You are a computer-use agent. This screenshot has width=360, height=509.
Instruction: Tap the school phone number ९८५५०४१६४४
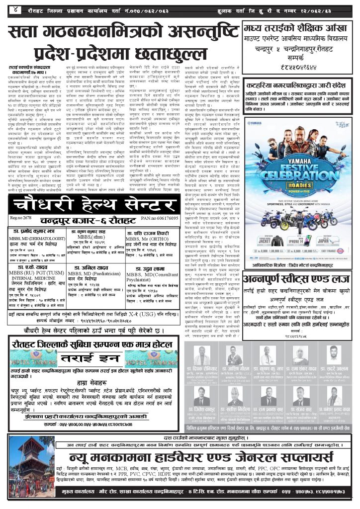[298, 56]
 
